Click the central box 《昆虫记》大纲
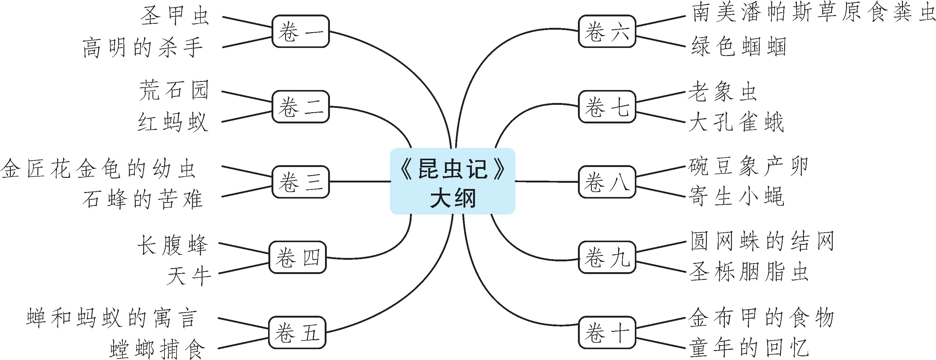point(452,181)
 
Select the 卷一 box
point(301,31)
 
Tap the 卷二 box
point(301,107)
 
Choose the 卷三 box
point(301,182)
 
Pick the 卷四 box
point(297,257)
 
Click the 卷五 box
point(297,332)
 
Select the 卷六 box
point(607,31)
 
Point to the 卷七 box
point(607,107)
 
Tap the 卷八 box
point(607,182)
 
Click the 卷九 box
point(607,257)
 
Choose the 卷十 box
point(607,332)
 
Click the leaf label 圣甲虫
point(175,16)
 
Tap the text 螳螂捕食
point(157,349)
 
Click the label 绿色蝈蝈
point(738,46)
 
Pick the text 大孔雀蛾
point(736,122)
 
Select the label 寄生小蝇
point(736,196)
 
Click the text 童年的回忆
point(749,348)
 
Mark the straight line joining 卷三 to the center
point(360,181)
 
